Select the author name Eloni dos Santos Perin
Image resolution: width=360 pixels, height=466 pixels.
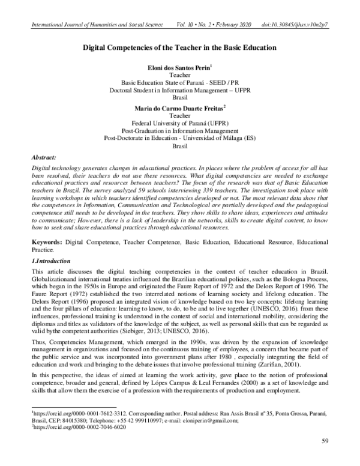coord(179,68)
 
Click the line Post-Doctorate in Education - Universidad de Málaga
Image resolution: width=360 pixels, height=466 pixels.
coord(180,138)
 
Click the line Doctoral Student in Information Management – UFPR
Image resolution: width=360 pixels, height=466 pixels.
coord(180,91)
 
